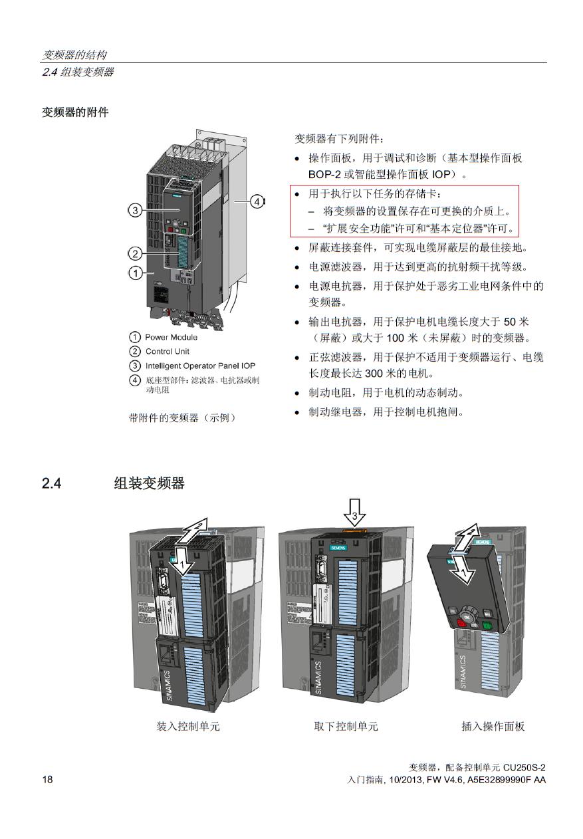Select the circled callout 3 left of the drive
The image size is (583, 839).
(x=134, y=211)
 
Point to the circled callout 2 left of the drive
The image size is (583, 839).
(x=134, y=253)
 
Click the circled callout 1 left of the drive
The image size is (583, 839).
(x=134, y=273)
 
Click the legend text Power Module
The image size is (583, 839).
(x=171, y=337)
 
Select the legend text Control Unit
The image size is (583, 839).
(x=168, y=351)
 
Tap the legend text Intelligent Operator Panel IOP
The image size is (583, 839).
(x=200, y=366)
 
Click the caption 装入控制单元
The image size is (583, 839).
(x=188, y=726)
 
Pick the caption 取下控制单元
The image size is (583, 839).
(x=346, y=726)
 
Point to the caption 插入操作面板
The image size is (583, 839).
(x=493, y=726)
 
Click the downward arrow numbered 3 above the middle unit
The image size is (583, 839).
(x=355, y=514)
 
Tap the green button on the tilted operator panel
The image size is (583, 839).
(x=487, y=625)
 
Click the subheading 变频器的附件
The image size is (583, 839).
(x=75, y=112)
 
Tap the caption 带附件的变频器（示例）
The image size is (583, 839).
(x=182, y=418)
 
